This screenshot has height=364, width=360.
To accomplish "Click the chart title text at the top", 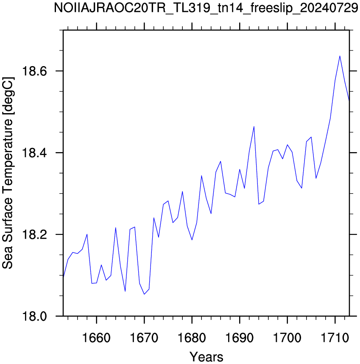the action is point(206,8).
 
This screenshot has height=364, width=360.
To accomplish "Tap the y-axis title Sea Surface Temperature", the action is point(8,173).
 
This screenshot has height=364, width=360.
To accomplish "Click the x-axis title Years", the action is point(206,356).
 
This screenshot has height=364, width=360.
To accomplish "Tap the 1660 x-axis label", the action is point(96,338).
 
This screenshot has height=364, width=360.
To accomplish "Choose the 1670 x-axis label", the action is point(144,338).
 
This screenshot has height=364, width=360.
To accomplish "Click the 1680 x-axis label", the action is point(192,338).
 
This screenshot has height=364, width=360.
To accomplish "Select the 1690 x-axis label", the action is point(240,338).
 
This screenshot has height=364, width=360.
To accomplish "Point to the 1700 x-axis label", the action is point(287,338).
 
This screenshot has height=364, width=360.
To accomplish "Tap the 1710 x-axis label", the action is point(335,338).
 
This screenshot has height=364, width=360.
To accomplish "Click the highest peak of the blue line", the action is point(340,56).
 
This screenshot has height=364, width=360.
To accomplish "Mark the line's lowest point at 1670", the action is point(144,294).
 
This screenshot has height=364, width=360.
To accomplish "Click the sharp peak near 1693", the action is point(254,127).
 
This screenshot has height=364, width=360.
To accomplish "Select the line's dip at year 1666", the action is point(125,291).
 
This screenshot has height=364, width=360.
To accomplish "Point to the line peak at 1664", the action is point(115,228).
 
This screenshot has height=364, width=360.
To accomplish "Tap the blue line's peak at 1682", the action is point(201,176).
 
